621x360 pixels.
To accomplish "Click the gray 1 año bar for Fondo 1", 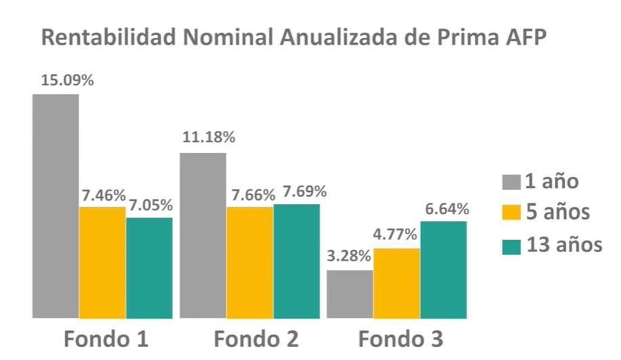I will [56, 206].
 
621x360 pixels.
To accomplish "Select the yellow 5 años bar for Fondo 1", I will [102, 262].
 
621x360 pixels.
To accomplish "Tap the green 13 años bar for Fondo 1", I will [149, 268].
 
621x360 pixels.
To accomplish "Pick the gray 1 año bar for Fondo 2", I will [203, 235].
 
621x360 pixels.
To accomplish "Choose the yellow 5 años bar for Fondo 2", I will [249, 262].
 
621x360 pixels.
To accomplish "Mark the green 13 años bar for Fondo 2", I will [296, 261].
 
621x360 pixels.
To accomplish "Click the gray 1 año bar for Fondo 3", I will [350, 294].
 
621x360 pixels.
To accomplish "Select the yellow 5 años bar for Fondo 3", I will [397, 283].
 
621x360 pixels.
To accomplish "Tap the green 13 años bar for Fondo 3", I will [443, 270].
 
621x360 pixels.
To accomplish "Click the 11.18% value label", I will [209, 138].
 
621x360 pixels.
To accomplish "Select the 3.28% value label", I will [348, 256].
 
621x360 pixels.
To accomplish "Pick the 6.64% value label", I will [446, 209].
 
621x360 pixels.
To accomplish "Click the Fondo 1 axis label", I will [106, 339].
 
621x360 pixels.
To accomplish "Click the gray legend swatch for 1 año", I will [511, 182].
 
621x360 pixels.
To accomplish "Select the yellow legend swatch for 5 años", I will [511, 214].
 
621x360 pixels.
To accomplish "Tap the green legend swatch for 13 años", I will [511, 245].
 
